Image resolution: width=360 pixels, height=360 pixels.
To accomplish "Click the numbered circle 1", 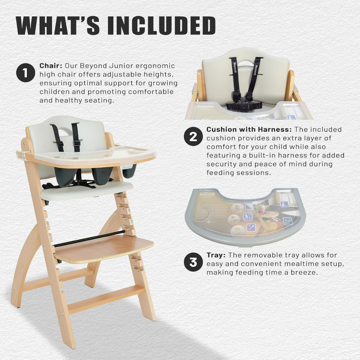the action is point(26,73).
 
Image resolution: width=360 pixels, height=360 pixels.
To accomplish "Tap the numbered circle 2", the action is point(193,136).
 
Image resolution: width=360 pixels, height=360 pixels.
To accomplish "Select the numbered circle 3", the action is point(193,262).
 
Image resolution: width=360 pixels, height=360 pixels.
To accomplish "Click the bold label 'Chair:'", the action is point(51,66).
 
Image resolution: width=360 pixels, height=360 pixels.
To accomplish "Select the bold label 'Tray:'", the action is point(216,255).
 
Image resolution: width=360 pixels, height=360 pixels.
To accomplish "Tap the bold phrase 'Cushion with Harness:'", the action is point(249,130).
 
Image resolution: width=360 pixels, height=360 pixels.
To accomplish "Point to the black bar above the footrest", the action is point(89,239).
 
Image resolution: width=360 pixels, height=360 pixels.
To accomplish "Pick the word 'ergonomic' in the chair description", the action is point(155,66).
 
